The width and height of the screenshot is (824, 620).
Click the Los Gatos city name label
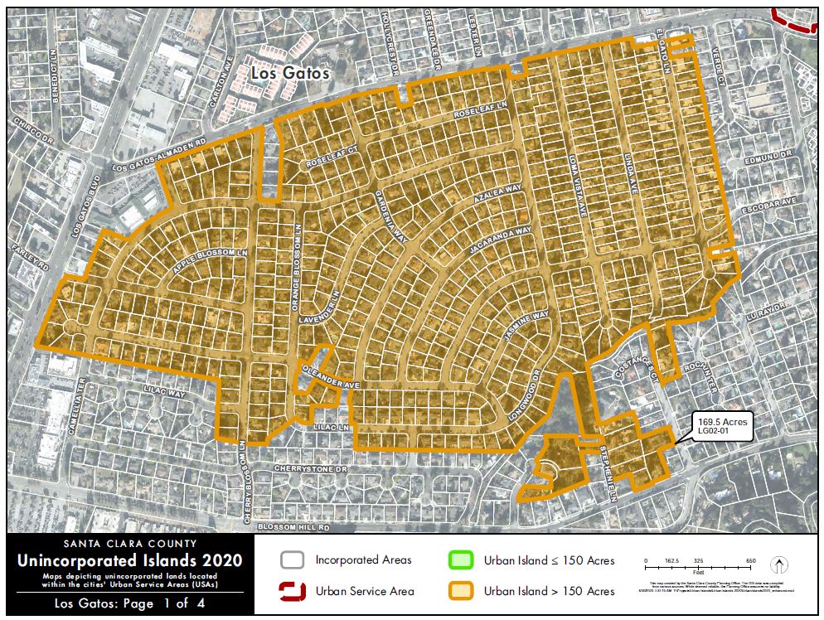pyautogui.click(x=290, y=73)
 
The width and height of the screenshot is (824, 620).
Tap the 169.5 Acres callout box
pyautogui.click(x=722, y=427)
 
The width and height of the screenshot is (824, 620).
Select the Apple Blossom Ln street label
pyautogui.click(x=211, y=261)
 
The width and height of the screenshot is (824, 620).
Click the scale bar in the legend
pyautogui.click(x=698, y=568)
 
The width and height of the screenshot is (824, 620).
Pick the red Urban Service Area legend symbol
pyautogui.click(x=293, y=591)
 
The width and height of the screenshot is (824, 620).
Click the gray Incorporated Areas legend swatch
pyautogui.click(x=293, y=561)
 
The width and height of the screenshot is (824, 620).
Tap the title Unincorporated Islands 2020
pyautogui.click(x=130, y=561)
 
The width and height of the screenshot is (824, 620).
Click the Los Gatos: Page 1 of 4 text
pyautogui.click(x=130, y=603)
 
